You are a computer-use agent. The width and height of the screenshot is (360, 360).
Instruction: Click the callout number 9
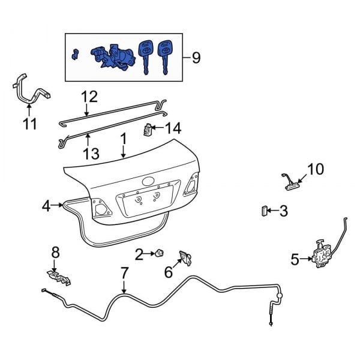(195, 58)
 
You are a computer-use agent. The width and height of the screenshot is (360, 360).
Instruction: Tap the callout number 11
(30, 124)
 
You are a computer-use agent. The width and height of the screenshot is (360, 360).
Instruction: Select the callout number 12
(88, 95)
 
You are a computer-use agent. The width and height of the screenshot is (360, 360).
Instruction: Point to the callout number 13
(91, 153)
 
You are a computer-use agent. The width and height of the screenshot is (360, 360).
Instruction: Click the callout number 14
(172, 127)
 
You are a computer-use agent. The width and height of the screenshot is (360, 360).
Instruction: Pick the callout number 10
(315, 169)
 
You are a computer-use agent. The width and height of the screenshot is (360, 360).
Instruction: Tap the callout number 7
(124, 273)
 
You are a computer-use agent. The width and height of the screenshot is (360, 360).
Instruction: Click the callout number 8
(55, 253)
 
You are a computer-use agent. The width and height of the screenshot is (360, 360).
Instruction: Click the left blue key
(145, 55)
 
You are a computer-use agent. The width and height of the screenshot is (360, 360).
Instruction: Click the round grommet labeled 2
(160, 254)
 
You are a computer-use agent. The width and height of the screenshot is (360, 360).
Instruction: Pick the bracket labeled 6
(186, 258)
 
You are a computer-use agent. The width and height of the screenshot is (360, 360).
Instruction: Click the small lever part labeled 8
(58, 277)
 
